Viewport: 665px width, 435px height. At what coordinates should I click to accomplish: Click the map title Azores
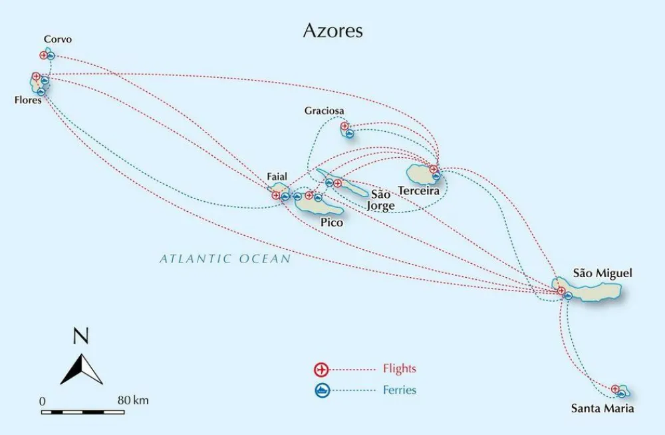coord(332,31)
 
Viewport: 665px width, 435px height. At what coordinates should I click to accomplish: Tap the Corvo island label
coord(58,40)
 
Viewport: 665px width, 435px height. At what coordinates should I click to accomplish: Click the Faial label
coord(277,177)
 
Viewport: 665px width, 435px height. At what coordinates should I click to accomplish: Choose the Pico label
coord(332,222)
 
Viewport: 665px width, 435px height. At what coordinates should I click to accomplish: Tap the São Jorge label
coord(381,200)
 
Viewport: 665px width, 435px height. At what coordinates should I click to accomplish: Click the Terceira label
coord(419,191)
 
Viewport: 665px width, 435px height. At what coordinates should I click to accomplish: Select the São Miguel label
coord(602,273)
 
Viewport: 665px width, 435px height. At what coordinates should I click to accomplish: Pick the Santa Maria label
coord(602,408)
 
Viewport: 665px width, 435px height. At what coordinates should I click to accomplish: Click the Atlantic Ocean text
coord(225,258)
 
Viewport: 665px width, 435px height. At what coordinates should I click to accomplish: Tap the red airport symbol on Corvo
coord(44,55)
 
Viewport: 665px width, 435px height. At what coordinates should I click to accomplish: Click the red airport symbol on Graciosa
coord(344,126)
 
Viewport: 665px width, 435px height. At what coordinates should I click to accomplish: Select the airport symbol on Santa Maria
coord(615,389)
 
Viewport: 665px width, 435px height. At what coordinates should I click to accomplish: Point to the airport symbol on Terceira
coord(434,169)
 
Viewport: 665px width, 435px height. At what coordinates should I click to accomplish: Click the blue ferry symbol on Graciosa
coord(350,133)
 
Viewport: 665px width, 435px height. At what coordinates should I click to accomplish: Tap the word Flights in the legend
coord(400,368)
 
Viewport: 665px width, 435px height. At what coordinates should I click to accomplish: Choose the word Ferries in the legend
coord(400,390)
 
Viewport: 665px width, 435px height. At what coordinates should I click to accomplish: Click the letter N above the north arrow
coord(80,337)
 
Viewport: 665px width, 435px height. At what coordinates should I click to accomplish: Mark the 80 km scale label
coord(134,400)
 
